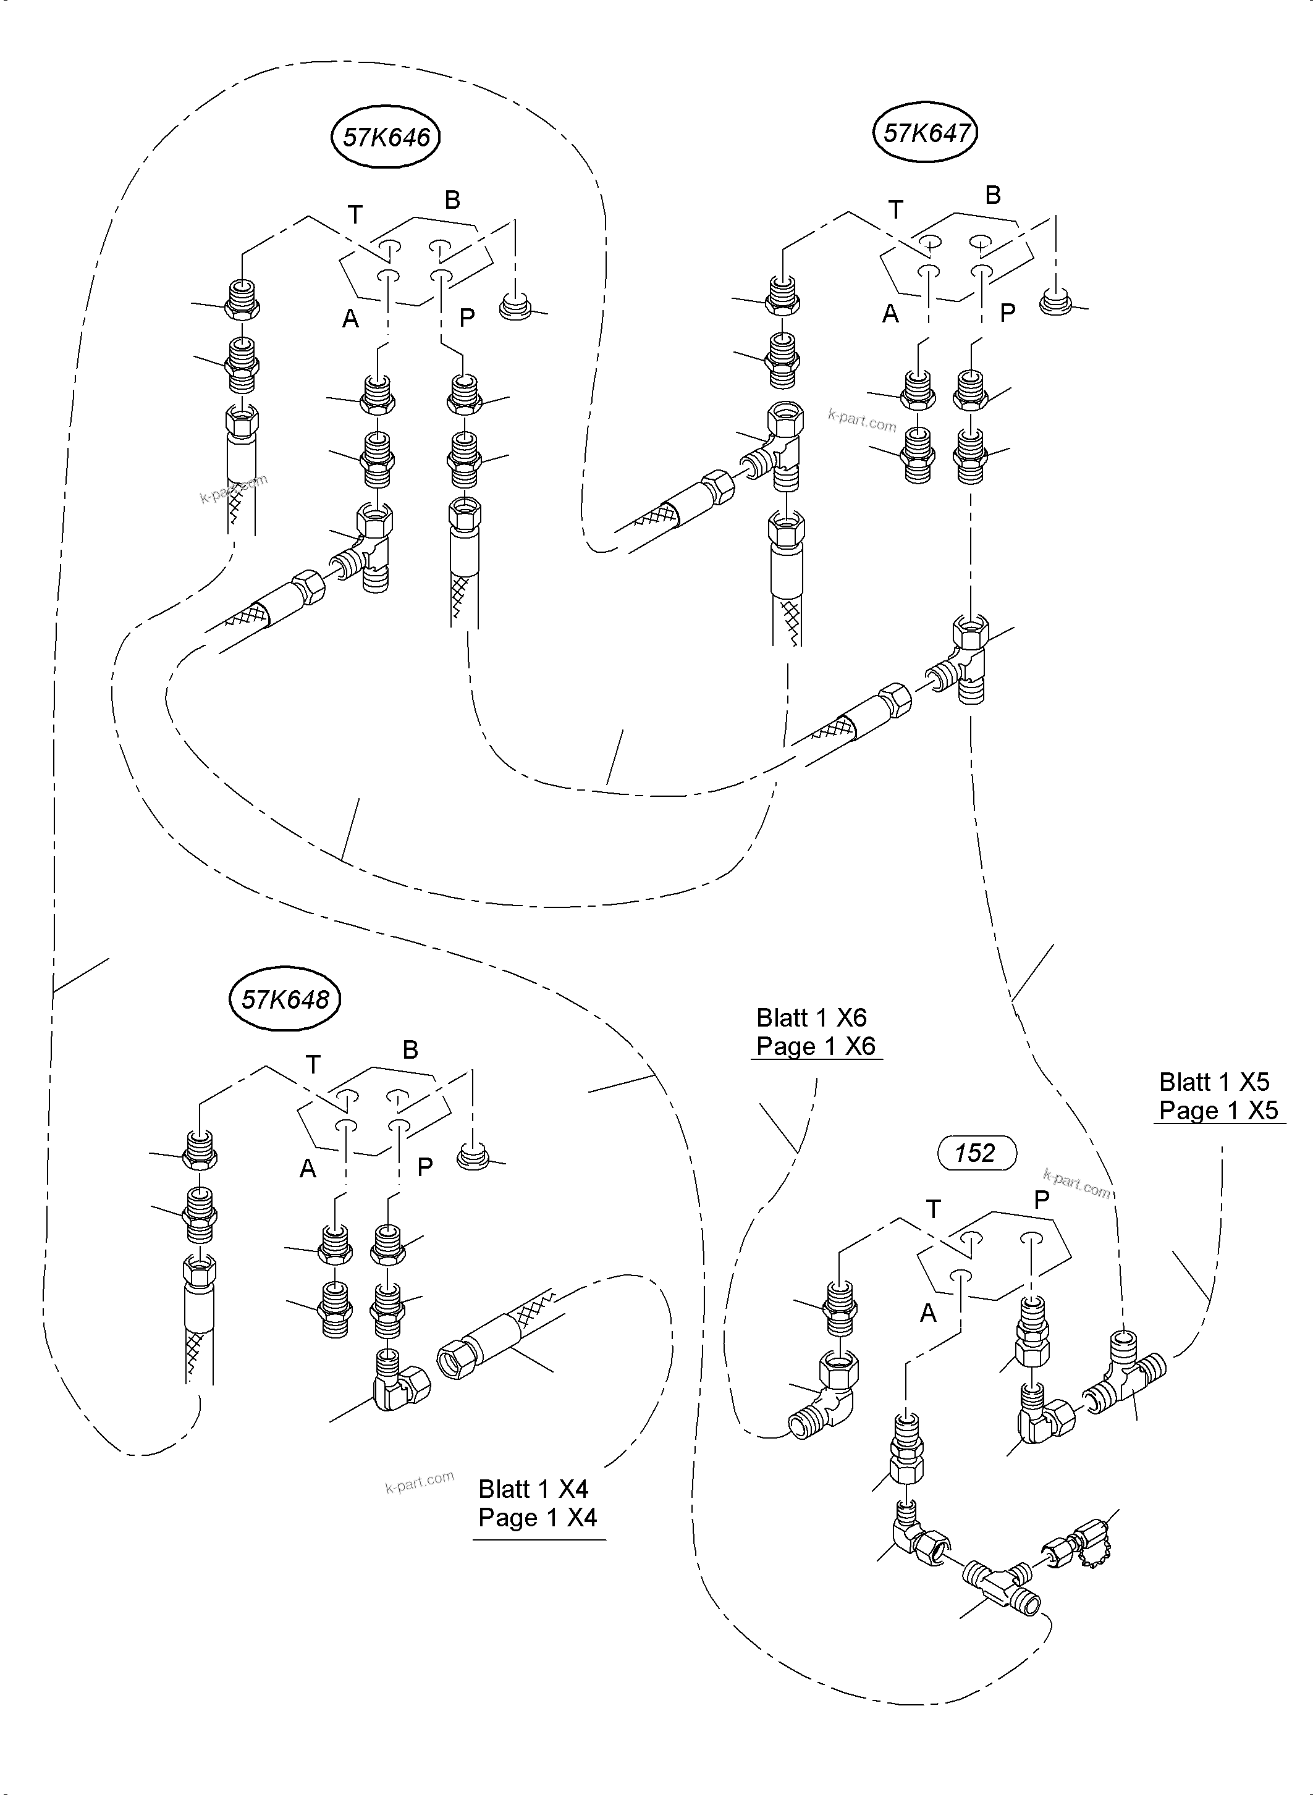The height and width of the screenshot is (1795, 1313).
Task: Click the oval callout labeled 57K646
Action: tap(386, 138)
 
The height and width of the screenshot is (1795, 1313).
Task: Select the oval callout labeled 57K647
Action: tap(925, 133)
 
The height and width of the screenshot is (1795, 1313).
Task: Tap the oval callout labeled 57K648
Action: tap(285, 999)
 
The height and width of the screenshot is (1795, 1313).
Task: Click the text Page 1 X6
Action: tap(816, 1046)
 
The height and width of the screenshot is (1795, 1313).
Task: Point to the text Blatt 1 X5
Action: tap(1214, 1082)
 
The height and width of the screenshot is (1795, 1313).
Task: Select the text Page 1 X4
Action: tap(538, 1518)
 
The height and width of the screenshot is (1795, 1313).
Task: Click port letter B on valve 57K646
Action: tap(452, 200)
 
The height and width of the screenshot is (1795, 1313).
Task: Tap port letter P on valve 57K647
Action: tap(1007, 313)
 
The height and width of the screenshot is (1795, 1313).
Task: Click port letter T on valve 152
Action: tap(933, 1209)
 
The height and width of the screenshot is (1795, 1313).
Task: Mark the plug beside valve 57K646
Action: tap(516, 306)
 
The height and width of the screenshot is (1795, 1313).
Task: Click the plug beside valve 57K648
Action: tap(474, 1157)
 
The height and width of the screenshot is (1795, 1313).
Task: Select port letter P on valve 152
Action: tap(1041, 1200)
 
